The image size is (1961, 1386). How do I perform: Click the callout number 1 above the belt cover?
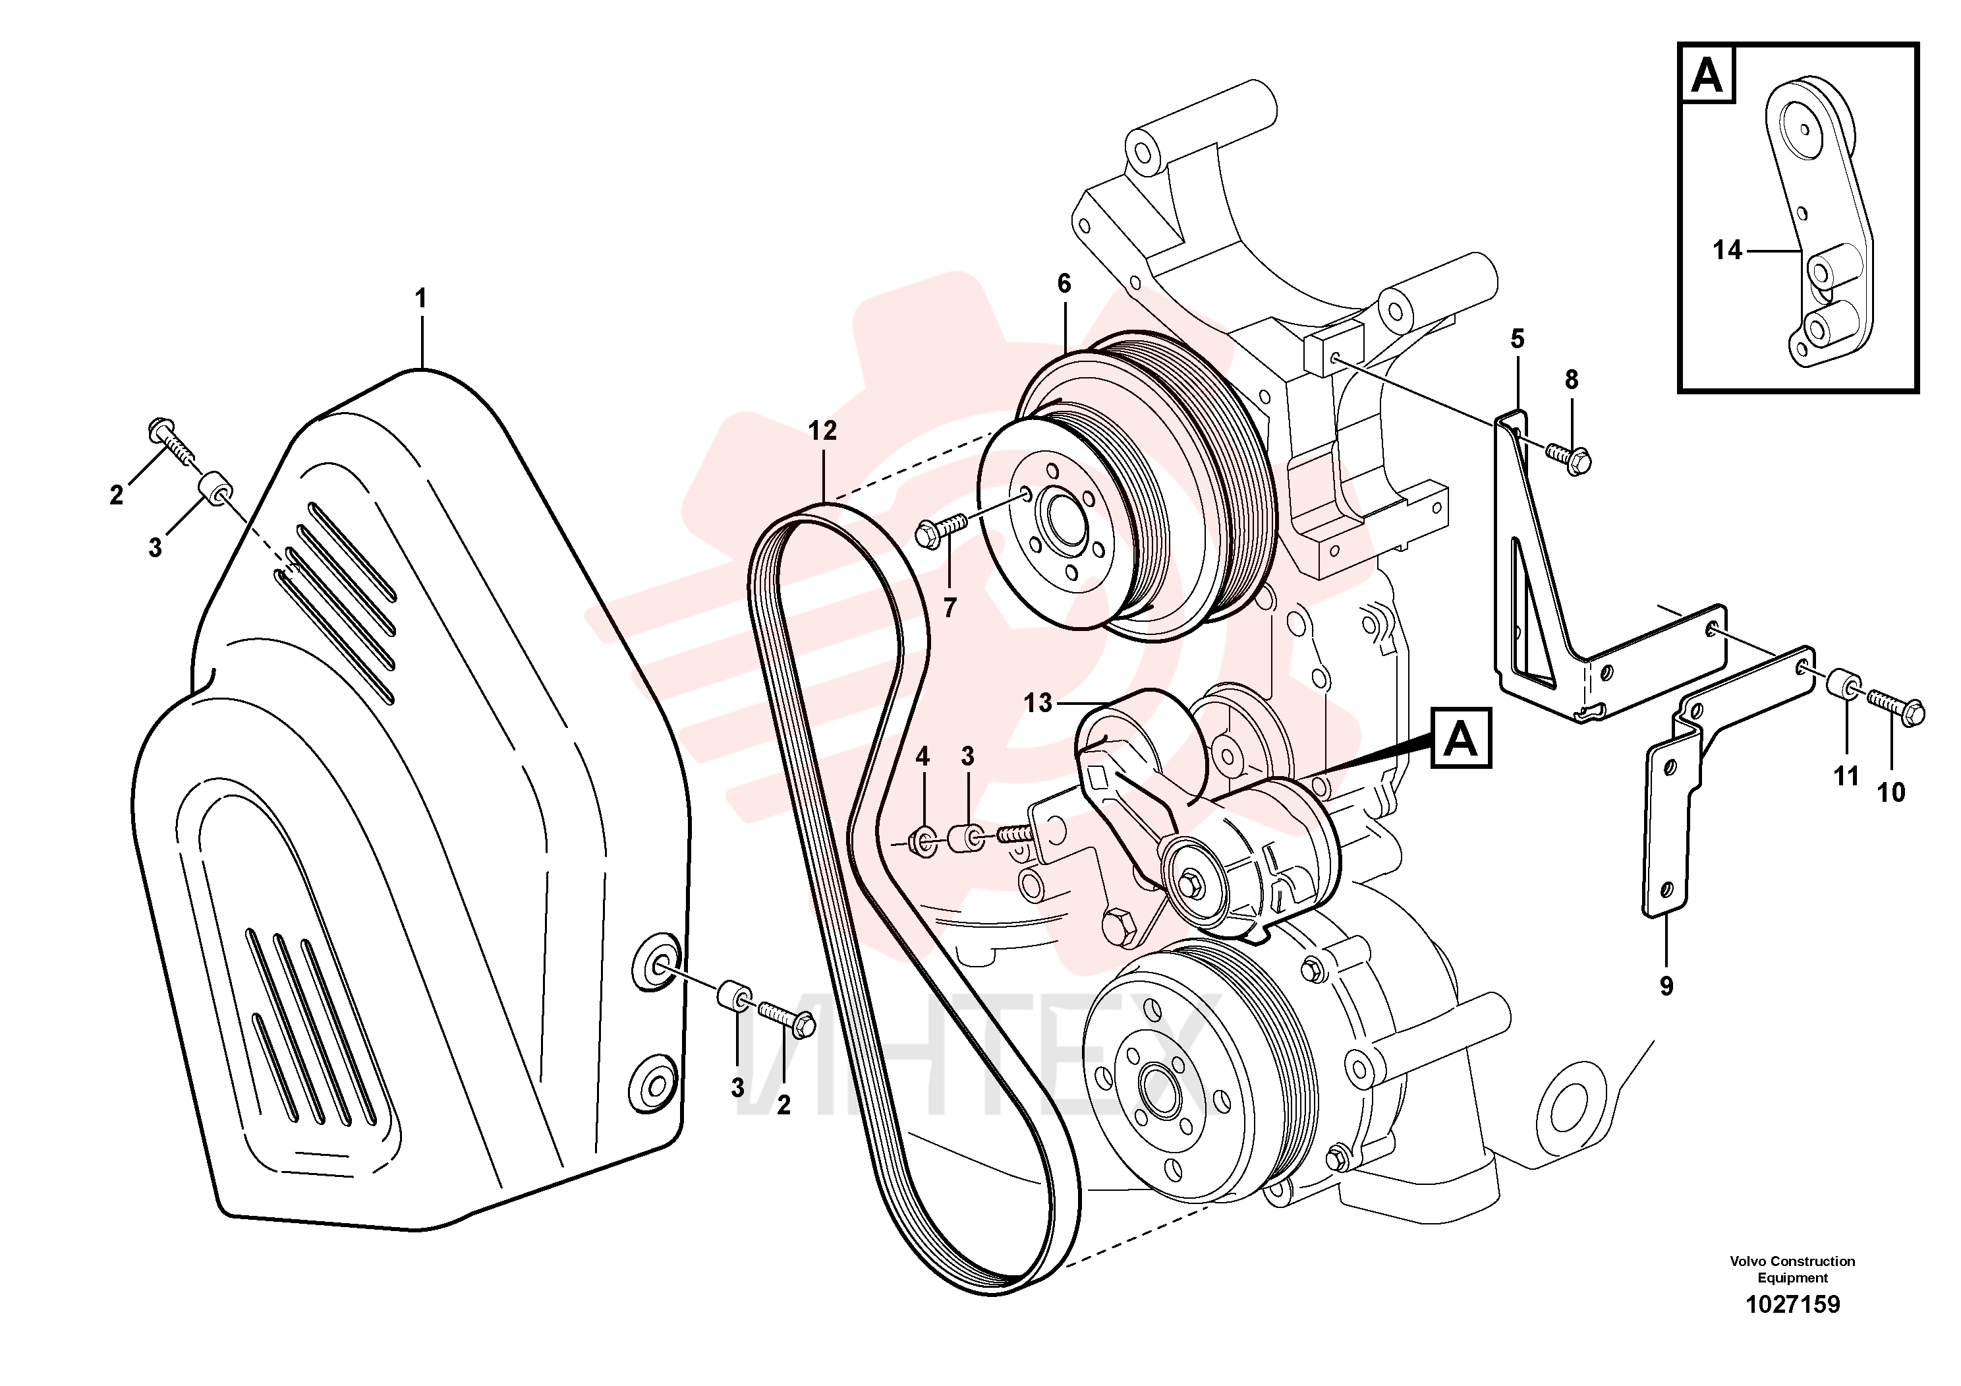420,299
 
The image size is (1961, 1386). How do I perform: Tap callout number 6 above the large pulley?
1064,284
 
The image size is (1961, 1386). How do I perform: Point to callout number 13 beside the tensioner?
1038,704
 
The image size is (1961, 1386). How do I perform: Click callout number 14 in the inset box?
1727,251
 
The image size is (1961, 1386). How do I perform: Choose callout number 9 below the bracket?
1666,986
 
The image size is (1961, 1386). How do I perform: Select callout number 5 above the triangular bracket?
1517,339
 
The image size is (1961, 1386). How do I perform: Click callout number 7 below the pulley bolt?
950,607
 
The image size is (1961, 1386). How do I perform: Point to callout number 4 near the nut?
923,756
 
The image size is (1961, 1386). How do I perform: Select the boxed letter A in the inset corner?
1707,75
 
